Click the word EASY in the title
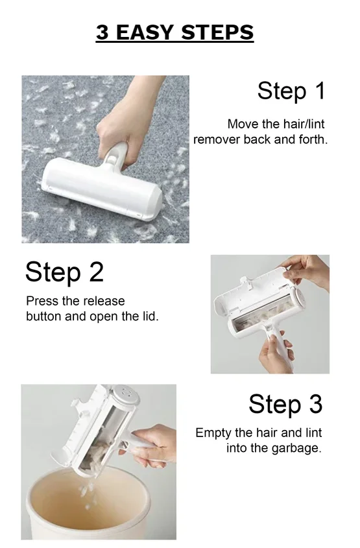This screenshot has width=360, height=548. tap(144, 32)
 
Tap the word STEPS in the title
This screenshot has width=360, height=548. tap(217, 32)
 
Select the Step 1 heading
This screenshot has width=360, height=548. tap(291, 91)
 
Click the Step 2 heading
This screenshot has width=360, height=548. tap(65, 272)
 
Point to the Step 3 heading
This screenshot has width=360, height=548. tap(285, 404)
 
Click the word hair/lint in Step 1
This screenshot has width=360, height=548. tap(304, 124)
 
